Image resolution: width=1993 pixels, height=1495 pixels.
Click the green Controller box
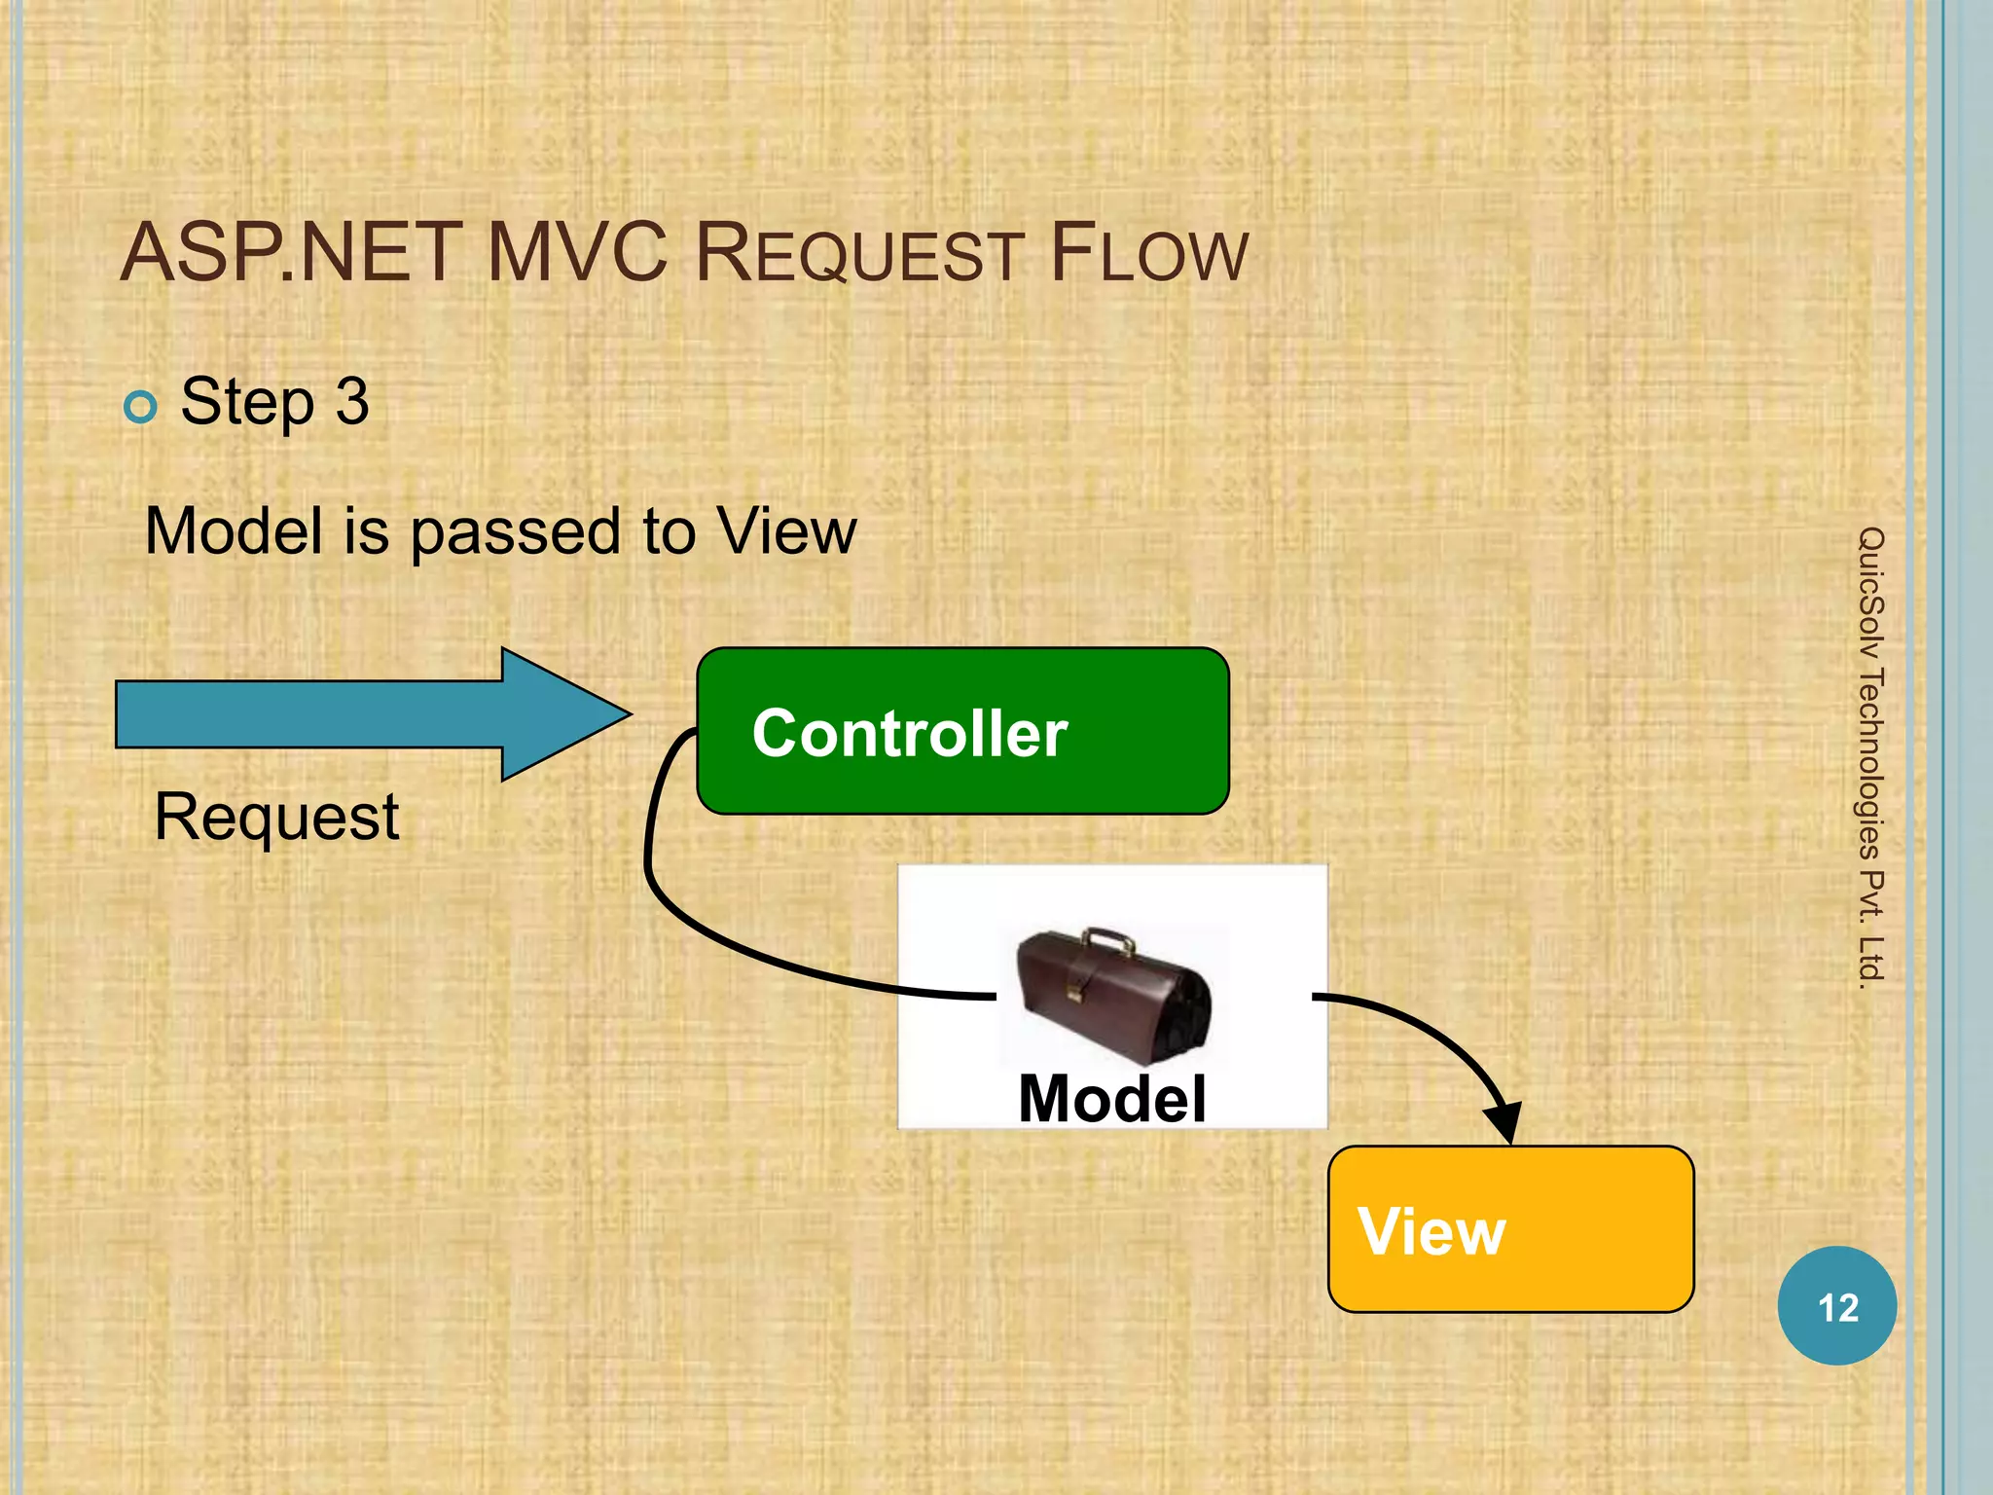click(x=962, y=731)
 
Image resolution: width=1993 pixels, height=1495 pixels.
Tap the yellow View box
click(x=1510, y=1229)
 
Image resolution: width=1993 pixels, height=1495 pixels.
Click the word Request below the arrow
click(x=276, y=817)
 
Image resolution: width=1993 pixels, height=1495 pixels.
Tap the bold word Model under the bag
click(x=1111, y=1099)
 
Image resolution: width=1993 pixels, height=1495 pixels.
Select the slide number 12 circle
click(x=1836, y=1306)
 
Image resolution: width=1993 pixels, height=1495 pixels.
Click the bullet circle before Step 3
click(x=141, y=407)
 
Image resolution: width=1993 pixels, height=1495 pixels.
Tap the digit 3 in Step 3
click(x=352, y=401)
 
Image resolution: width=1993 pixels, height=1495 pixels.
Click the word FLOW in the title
click(x=1148, y=254)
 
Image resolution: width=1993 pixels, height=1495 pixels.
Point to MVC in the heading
click(x=577, y=254)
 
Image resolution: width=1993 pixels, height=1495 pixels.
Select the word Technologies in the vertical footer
click(x=1870, y=763)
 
